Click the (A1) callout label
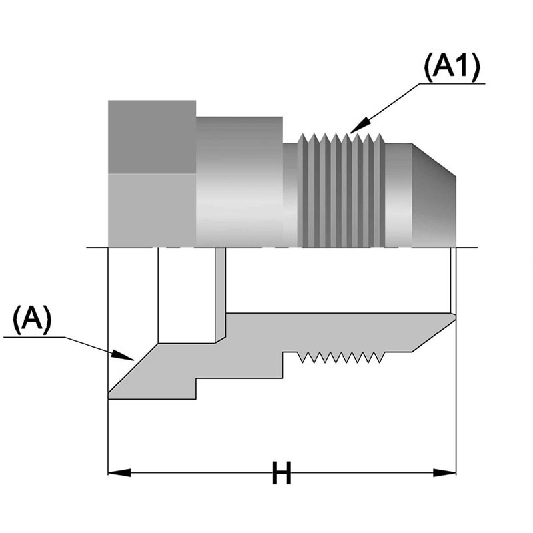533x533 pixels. click(452, 68)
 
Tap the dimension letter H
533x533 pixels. click(282, 474)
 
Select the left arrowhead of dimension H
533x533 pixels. click(117, 473)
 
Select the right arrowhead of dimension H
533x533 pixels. click(447, 473)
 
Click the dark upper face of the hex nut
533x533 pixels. click(151, 137)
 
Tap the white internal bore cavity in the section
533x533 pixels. click(187, 293)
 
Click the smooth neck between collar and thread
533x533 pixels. click(290, 193)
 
